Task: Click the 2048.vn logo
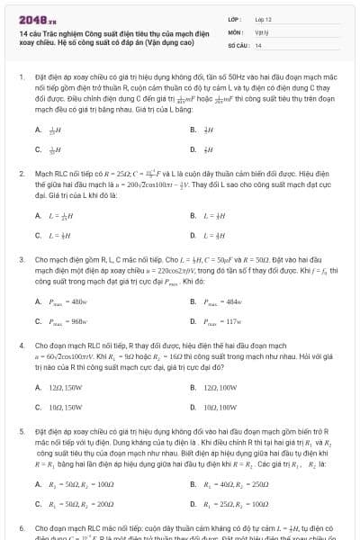coord(38,18)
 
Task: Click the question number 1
coord(21,78)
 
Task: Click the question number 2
coord(21,172)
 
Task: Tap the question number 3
coord(21,258)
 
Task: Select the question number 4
coord(21,345)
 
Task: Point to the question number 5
coord(21,431)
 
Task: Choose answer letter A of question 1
coord(37,130)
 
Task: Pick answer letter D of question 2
coord(193,236)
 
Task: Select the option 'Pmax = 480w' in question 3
coord(68,301)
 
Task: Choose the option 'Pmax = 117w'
coord(224,321)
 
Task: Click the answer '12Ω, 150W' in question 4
coord(63,388)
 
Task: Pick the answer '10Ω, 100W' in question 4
coord(220,408)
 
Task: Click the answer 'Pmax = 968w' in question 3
coord(68,321)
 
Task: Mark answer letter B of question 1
coord(193,130)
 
